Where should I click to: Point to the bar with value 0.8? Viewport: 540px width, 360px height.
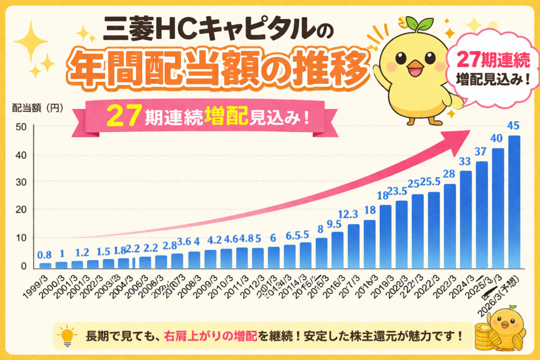46,265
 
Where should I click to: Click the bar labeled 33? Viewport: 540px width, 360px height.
466,219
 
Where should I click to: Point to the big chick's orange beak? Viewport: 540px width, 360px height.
414,67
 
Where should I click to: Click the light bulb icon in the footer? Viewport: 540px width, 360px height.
67,335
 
